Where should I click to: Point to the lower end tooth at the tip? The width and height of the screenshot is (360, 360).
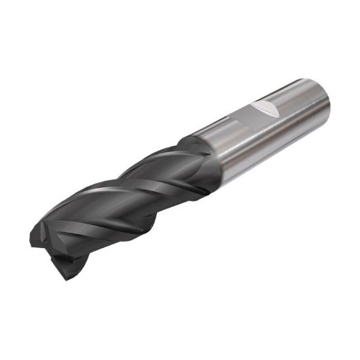pos(65,262)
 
